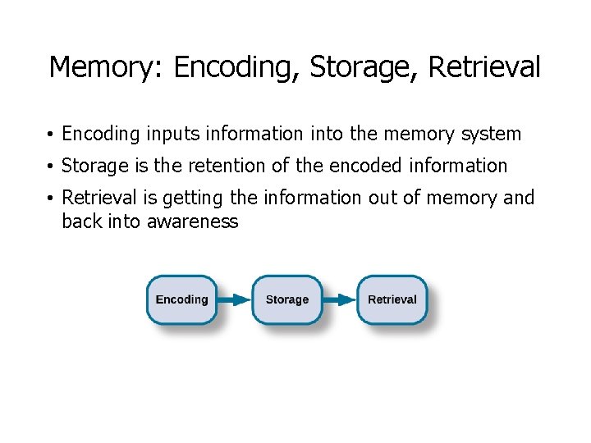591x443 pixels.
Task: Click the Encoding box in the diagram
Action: pyautogui.click(x=181, y=299)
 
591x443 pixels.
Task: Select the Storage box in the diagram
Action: pyautogui.click(x=286, y=299)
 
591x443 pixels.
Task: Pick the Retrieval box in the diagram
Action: pyautogui.click(x=392, y=299)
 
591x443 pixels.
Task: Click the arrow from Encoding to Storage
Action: pyautogui.click(x=234, y=299)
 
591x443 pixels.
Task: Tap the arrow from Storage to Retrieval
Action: pyautogui.click(x=339, y=299)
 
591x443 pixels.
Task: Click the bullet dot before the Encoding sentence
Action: pyautogui.click(x=51, y=135)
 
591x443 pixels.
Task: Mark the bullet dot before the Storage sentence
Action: pyautogui.click(x=51, y=167)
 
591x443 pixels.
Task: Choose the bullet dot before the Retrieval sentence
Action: pyautogui.click(x=51, y=199)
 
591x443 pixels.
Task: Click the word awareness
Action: pyautogui.click(x=192, y=221)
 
